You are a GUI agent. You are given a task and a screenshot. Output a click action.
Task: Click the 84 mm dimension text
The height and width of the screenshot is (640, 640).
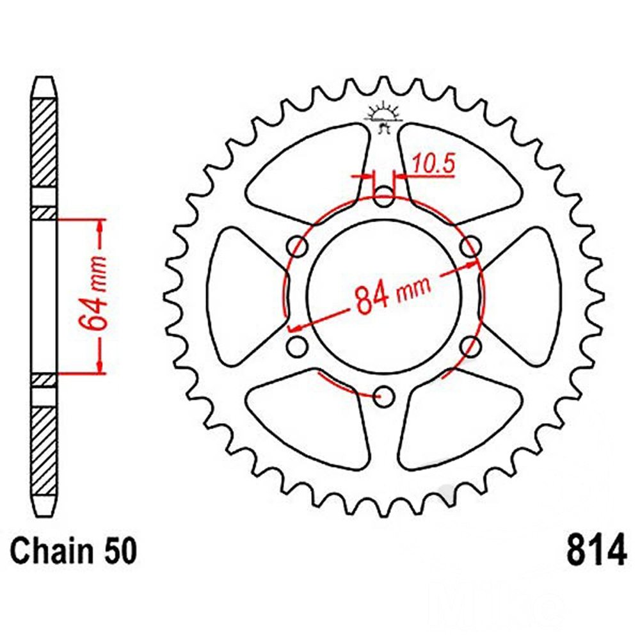click(x=393, y=294)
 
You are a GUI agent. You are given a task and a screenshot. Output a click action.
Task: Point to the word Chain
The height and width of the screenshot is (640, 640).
click(x=52, y=550)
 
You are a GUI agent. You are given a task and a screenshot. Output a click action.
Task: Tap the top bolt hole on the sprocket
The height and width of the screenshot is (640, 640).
click(x=384, y=196)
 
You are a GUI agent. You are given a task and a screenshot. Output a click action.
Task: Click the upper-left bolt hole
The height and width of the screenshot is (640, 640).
click(x=298, y=246)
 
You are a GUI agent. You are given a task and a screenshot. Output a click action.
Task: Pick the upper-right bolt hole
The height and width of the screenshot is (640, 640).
click(x=470, y=246)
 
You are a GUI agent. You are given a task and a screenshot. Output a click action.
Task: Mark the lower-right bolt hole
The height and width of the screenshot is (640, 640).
click(x=470, y=346)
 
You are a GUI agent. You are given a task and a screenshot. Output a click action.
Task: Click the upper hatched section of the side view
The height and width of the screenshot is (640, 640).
click(x=44, y=143)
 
